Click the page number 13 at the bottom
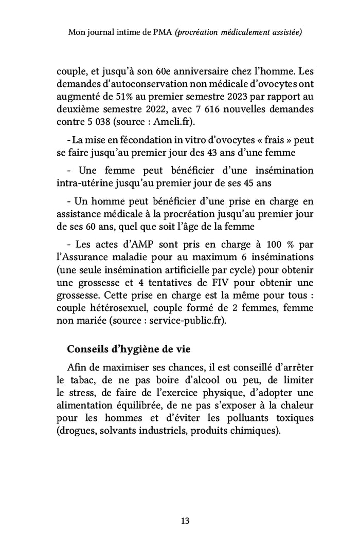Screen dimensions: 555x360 (x=185, y=521)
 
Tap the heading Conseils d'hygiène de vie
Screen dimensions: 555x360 (x=129, y=349)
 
